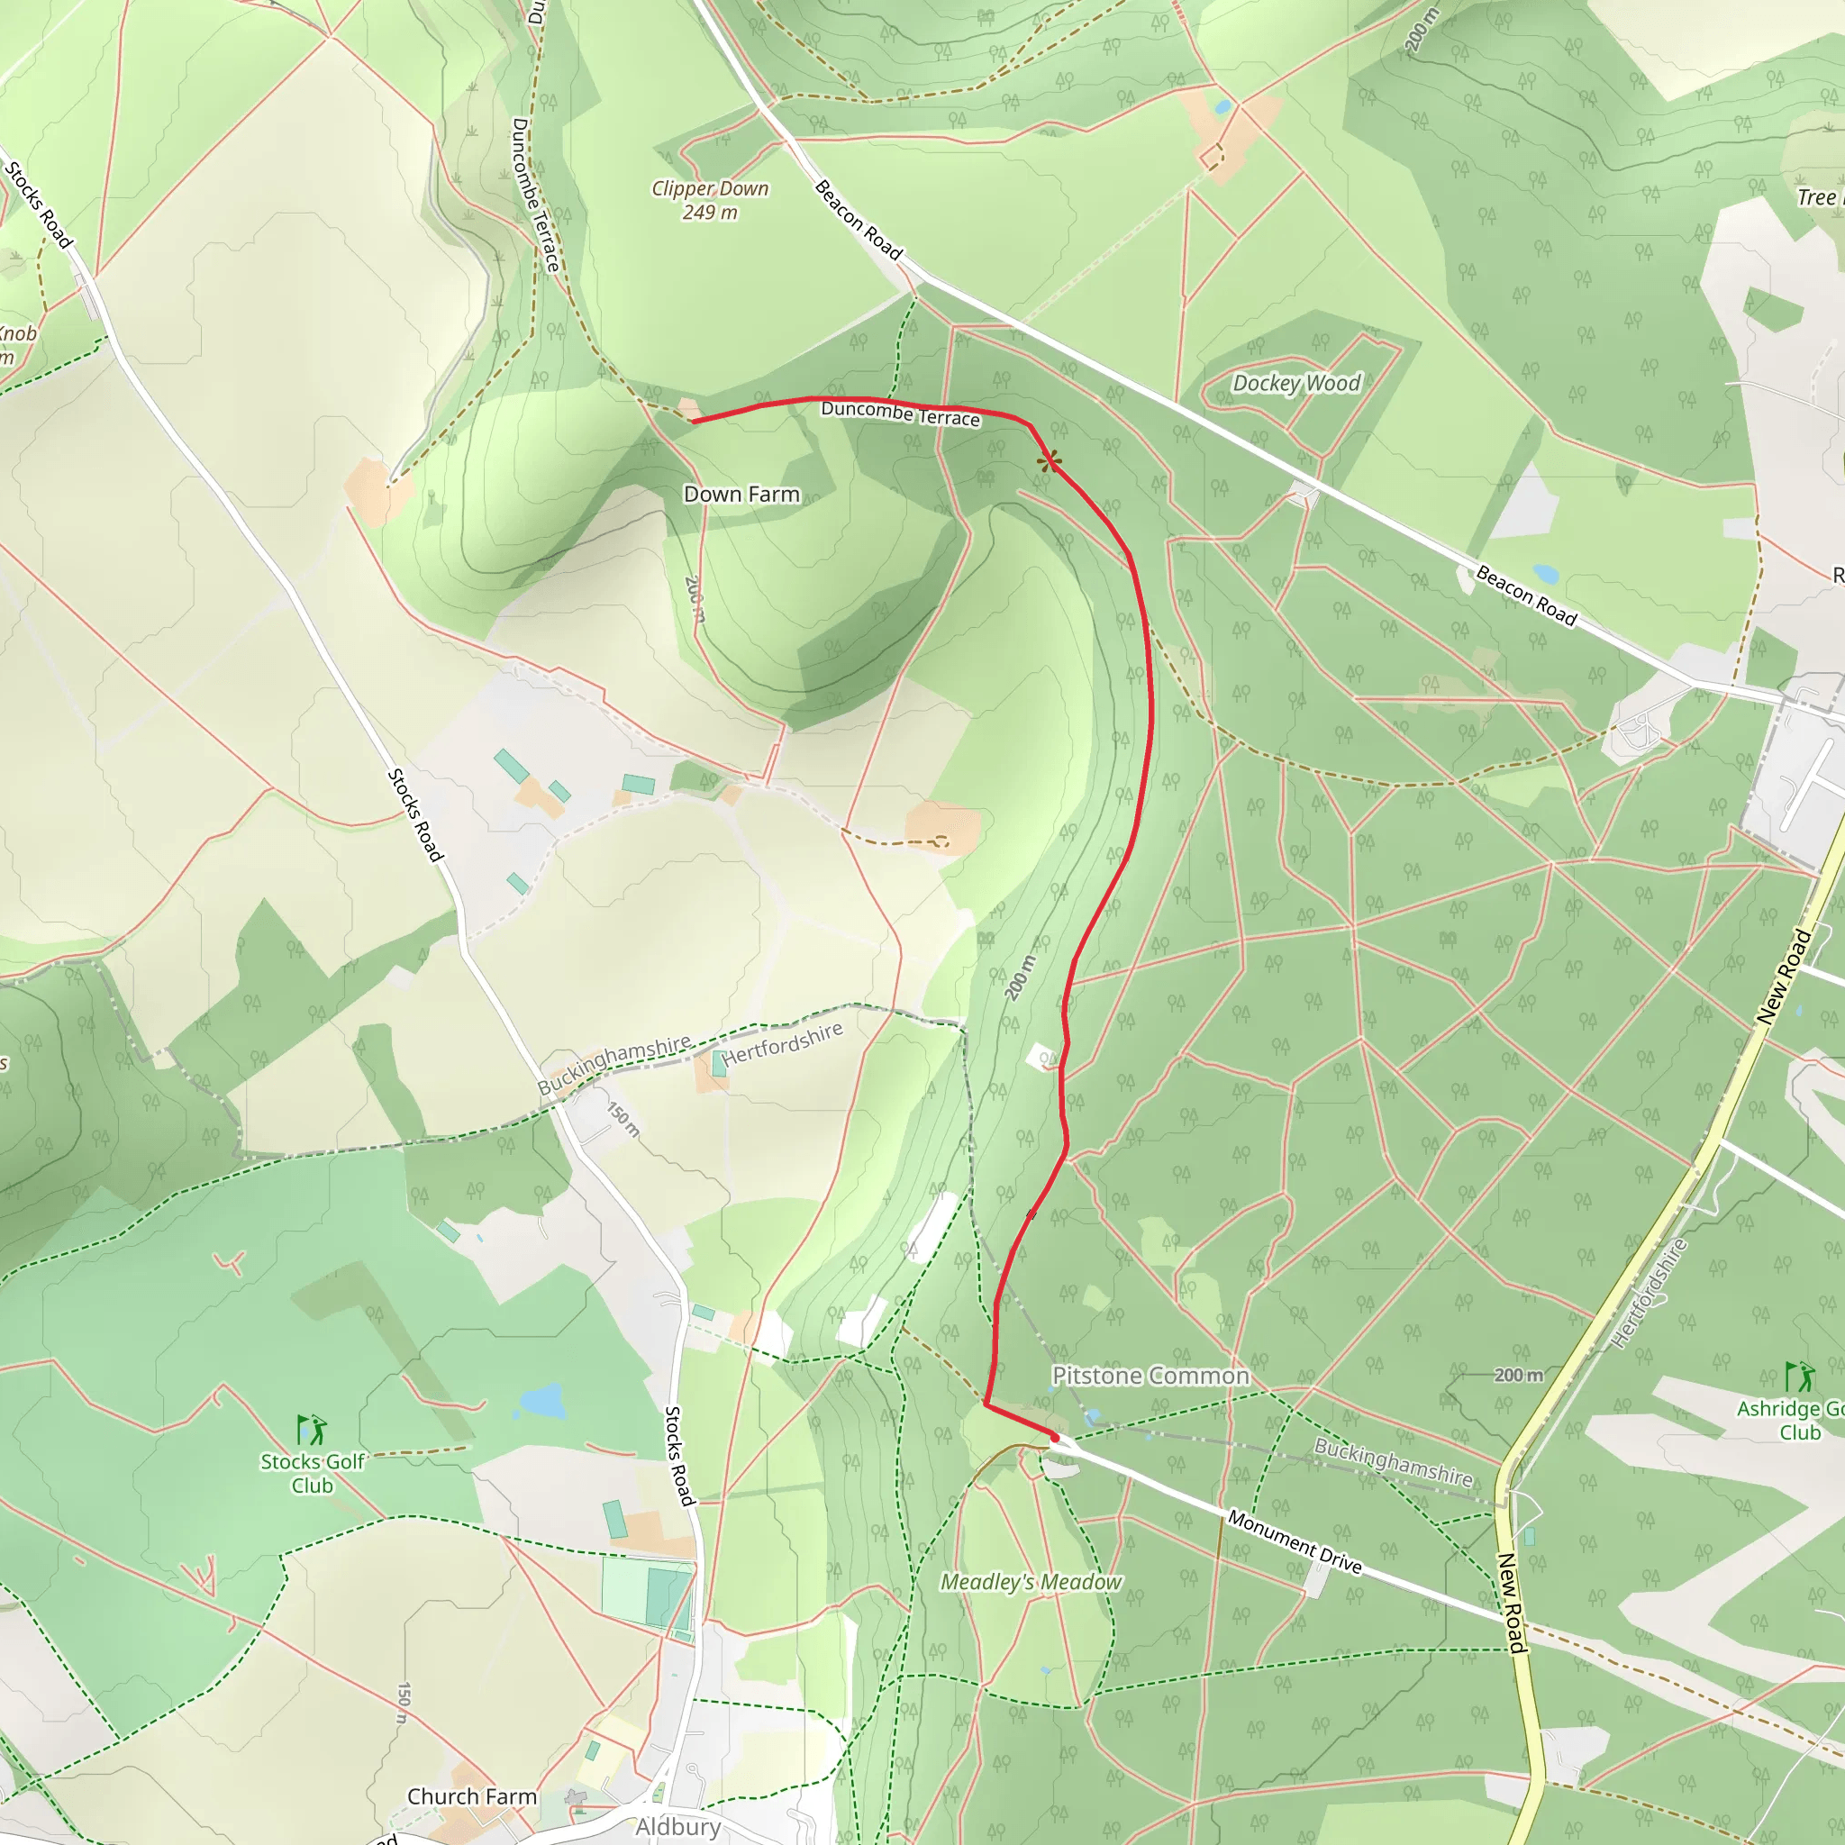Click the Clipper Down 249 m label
coord(710,201)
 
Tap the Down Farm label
coord(741,494)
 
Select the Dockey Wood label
coord(1295,383)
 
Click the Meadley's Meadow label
coord(1032,1582)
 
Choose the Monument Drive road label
coord(1294,1541)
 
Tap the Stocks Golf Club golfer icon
coord(313,1430)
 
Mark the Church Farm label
coord(472,1796)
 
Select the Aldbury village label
coord(678,1826)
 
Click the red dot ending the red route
coord(1054,1436)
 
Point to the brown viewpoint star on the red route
coord(1050,461)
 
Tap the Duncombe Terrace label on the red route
coord(901,414)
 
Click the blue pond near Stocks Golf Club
coord(541,1402)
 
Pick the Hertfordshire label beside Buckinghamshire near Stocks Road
coord(782,1044)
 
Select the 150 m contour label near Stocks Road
coord(623,1118)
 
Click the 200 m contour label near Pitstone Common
coord(1517,1375)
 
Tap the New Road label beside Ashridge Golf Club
coord(1784,977)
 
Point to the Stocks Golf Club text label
coord(313,1473)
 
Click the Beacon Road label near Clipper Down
coord(858,220)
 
